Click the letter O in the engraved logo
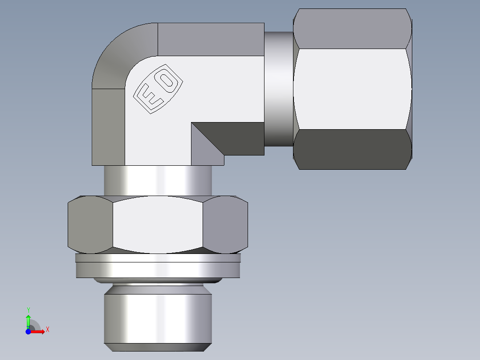pos(168,81)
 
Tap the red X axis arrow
pos(38,331)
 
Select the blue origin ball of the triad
pos(28,331)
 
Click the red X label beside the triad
pos(47,330)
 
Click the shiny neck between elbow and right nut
pos(279,89)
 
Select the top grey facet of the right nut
pos(352,29)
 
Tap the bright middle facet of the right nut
pos(352,89)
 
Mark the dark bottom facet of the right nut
pos(352,149)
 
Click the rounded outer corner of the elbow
pos(118,53)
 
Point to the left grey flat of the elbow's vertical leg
pos(108,127)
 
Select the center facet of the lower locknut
pos(158,224)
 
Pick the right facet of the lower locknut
pos(225,224)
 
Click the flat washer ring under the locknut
pos(158,269)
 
